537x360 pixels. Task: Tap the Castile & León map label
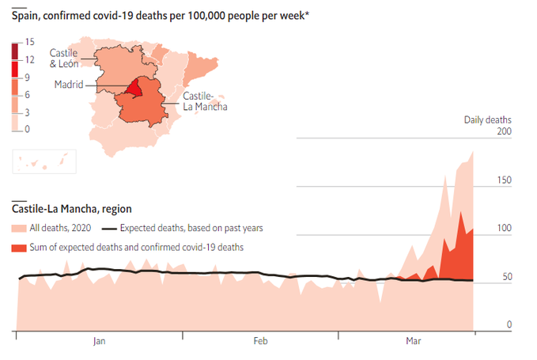pos(64,58)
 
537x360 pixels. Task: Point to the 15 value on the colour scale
pos(29,42)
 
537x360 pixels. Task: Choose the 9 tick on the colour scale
pos(28,77)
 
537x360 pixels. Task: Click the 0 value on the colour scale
pos(28,128)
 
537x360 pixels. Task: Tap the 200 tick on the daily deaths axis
pos(505,133)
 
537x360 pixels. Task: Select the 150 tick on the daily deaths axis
pos(505,181)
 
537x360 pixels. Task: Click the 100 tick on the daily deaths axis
pos(505,229)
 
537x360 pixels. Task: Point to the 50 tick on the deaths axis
pos(507,277)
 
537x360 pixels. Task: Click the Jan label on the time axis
pos(99,341)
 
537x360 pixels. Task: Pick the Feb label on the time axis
pos(260,341)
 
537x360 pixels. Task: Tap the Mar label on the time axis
pos(413,341)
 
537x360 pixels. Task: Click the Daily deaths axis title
pos(487,119)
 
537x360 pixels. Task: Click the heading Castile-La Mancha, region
pos(71,209)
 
